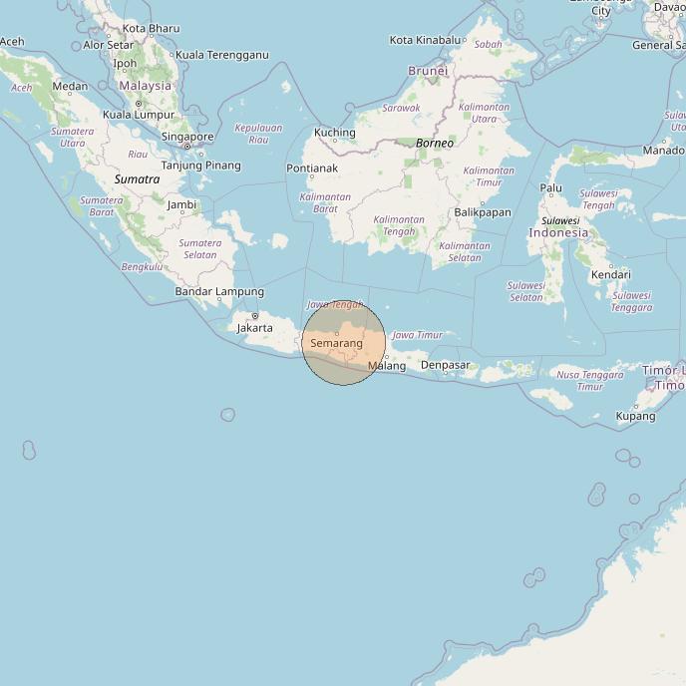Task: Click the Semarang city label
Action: tap(336, 343)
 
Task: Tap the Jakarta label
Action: tap(254, 327)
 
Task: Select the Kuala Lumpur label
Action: tap(139, 115)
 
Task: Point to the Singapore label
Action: tap(187, 137)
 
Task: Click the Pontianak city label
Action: tap(312, 169)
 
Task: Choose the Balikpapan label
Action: tap(483, 212)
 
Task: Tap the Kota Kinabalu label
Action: tap(426, 40)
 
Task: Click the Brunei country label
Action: tap(428, 71)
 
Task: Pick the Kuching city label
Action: tap(335, 133)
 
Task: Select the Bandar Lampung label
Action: tap(219, 291)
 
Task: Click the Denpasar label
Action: tap(445, 365)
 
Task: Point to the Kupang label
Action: tap(636, 416)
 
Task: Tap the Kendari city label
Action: tap(610, 274)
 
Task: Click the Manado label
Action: tap(663, 151)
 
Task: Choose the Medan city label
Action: tap(70, 86)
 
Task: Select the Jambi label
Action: tap(181, 205)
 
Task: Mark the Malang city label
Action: tap(387, 366)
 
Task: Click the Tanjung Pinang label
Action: tap(201, 165)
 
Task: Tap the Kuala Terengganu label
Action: tap(222, 55)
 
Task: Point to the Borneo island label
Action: tap(435, 143)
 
